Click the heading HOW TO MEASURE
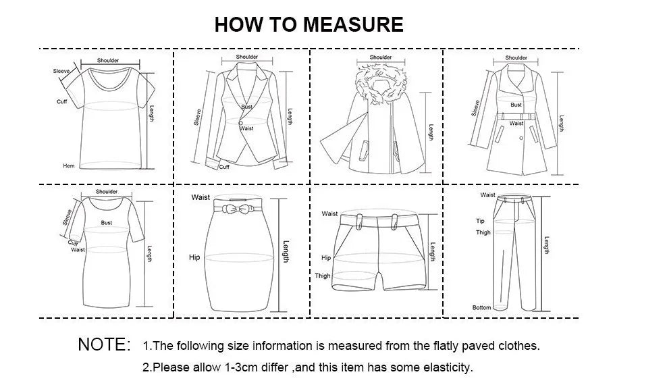309,24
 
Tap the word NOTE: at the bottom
104,344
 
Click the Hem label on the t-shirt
69,166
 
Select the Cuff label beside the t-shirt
61,101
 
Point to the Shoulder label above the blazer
247,57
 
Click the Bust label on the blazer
247,107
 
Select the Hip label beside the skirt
195,257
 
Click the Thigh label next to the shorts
323,276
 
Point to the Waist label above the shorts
329,213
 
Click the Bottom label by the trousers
481,307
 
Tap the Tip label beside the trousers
480,221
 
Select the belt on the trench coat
516,116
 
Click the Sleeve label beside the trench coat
476,108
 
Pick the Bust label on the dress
107,222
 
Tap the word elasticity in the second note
447,368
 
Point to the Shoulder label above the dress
107,192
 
